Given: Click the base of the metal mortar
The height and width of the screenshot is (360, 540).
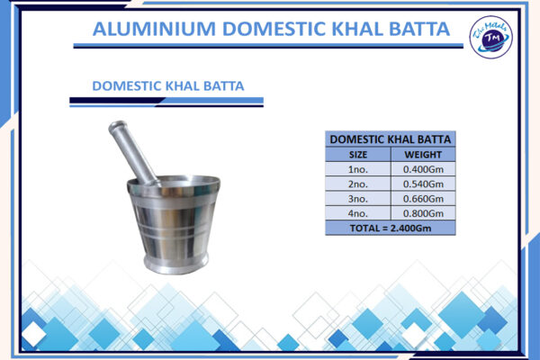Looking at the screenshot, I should click(175, 264).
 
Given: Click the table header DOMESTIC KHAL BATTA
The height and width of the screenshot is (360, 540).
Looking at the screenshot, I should click(391, 139).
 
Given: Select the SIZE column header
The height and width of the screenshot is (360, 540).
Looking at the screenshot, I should click(357, 155).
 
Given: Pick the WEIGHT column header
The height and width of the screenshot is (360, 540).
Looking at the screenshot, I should click(423, 155).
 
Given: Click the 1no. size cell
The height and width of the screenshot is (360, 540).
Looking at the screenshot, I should click(357, 169).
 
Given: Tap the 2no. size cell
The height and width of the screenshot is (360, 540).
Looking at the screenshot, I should click(357, 184).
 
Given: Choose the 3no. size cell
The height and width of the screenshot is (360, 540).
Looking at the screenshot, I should click(357, 198).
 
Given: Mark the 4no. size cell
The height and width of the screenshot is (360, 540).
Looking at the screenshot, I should click(357, 213).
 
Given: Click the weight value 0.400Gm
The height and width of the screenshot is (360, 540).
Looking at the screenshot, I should click(423, 169).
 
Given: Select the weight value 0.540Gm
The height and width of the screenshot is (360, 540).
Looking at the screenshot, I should click(423, 184).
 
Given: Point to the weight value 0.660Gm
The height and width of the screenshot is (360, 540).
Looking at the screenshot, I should click(423, 198).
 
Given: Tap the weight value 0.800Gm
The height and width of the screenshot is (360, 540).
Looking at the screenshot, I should click(423, 213).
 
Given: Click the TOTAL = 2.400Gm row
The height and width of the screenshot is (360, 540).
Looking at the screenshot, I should click(391, 228).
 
